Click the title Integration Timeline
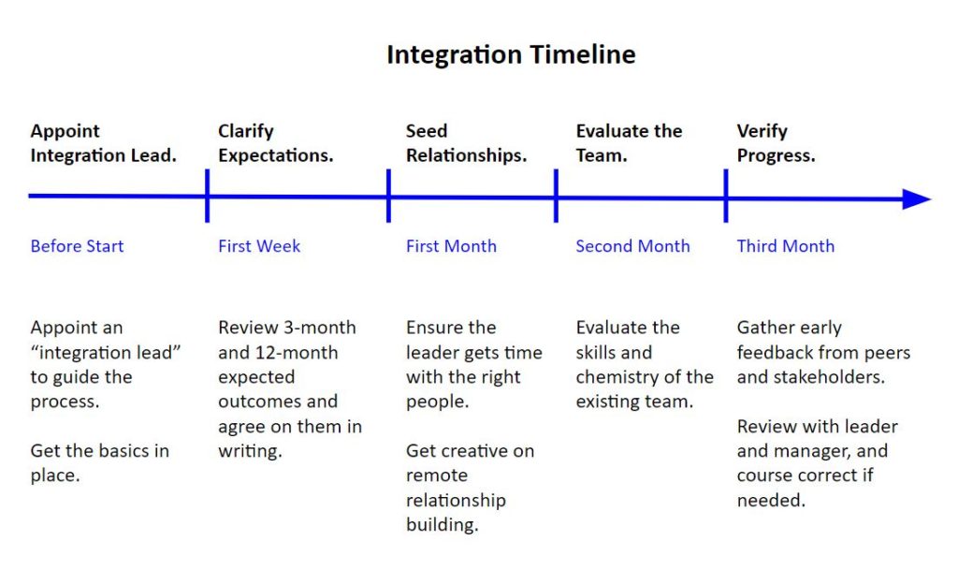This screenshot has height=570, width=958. (511, 55)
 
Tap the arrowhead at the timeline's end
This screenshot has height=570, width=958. (916, 198)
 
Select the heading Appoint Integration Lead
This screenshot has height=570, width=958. (103, 143)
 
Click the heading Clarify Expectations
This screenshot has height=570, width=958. (275, 143)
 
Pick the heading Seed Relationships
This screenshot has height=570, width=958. (466, 143)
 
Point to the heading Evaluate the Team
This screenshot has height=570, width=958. (629, 143)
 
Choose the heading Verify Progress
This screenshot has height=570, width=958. (776, 143)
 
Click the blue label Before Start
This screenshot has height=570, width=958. (77, 246)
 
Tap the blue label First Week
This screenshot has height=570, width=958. (259, 246)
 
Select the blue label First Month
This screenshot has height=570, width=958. (451, 246)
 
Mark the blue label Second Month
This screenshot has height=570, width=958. (632, 246)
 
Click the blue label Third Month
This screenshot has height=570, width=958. (785, 246)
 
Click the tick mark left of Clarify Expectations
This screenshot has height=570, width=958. (207, 196)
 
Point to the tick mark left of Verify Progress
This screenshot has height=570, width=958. (726, 196)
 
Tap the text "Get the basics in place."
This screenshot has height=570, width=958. (99, 463)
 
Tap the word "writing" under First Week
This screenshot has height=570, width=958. (249, 451)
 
